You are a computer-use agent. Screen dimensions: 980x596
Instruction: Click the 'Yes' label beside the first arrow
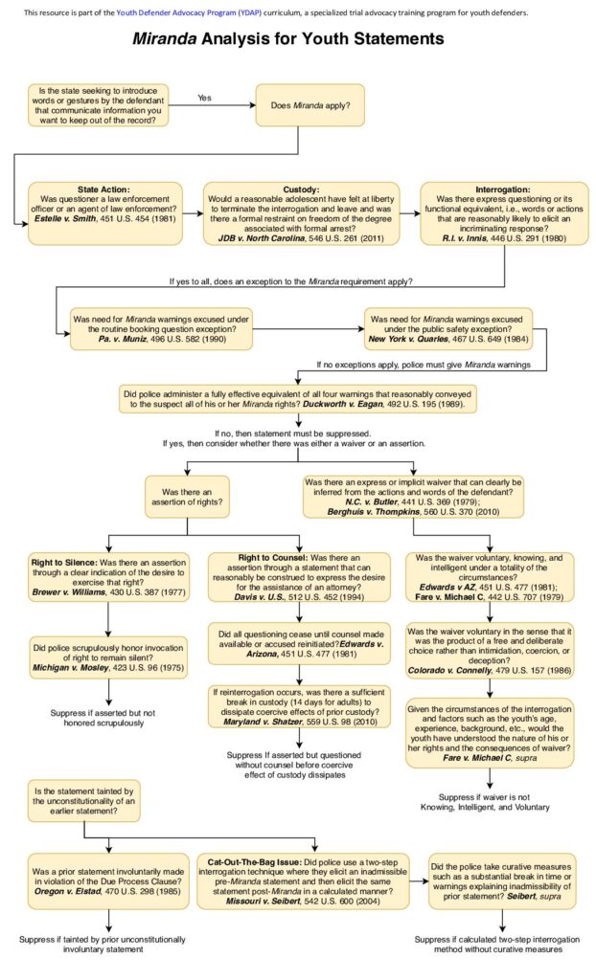point(204,98)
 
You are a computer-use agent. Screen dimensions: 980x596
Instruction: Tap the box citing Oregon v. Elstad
point(105,880)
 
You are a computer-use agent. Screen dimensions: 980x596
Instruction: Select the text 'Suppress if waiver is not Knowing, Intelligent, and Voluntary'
point(493,801)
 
